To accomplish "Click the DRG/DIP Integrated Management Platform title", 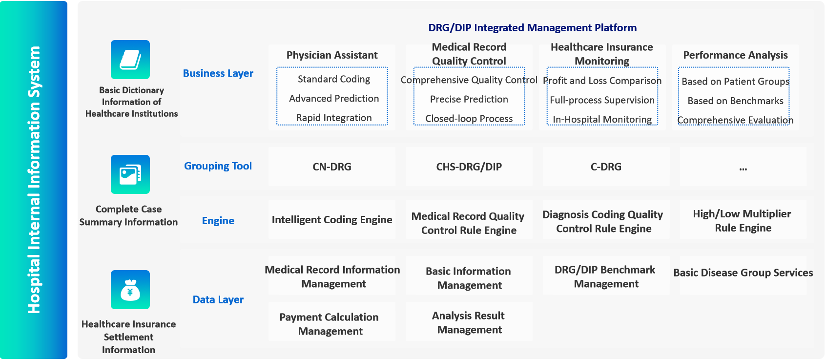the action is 532,28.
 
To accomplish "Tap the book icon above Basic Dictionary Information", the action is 130,60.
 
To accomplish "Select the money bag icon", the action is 130,290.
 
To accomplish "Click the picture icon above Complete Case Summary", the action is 130,174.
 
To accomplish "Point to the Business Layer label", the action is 218,73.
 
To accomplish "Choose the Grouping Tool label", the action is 218,166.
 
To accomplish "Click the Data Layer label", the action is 218,299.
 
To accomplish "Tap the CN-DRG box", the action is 332,167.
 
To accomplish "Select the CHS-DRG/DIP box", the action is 469,167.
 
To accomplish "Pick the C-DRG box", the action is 606,167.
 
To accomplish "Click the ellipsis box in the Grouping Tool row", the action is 743,167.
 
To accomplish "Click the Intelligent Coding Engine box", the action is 332,219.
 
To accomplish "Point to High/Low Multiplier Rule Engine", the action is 743,221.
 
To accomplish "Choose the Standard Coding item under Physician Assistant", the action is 334,79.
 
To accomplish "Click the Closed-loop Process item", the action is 469,118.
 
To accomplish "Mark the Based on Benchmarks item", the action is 735,101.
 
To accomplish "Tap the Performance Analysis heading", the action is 735,55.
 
